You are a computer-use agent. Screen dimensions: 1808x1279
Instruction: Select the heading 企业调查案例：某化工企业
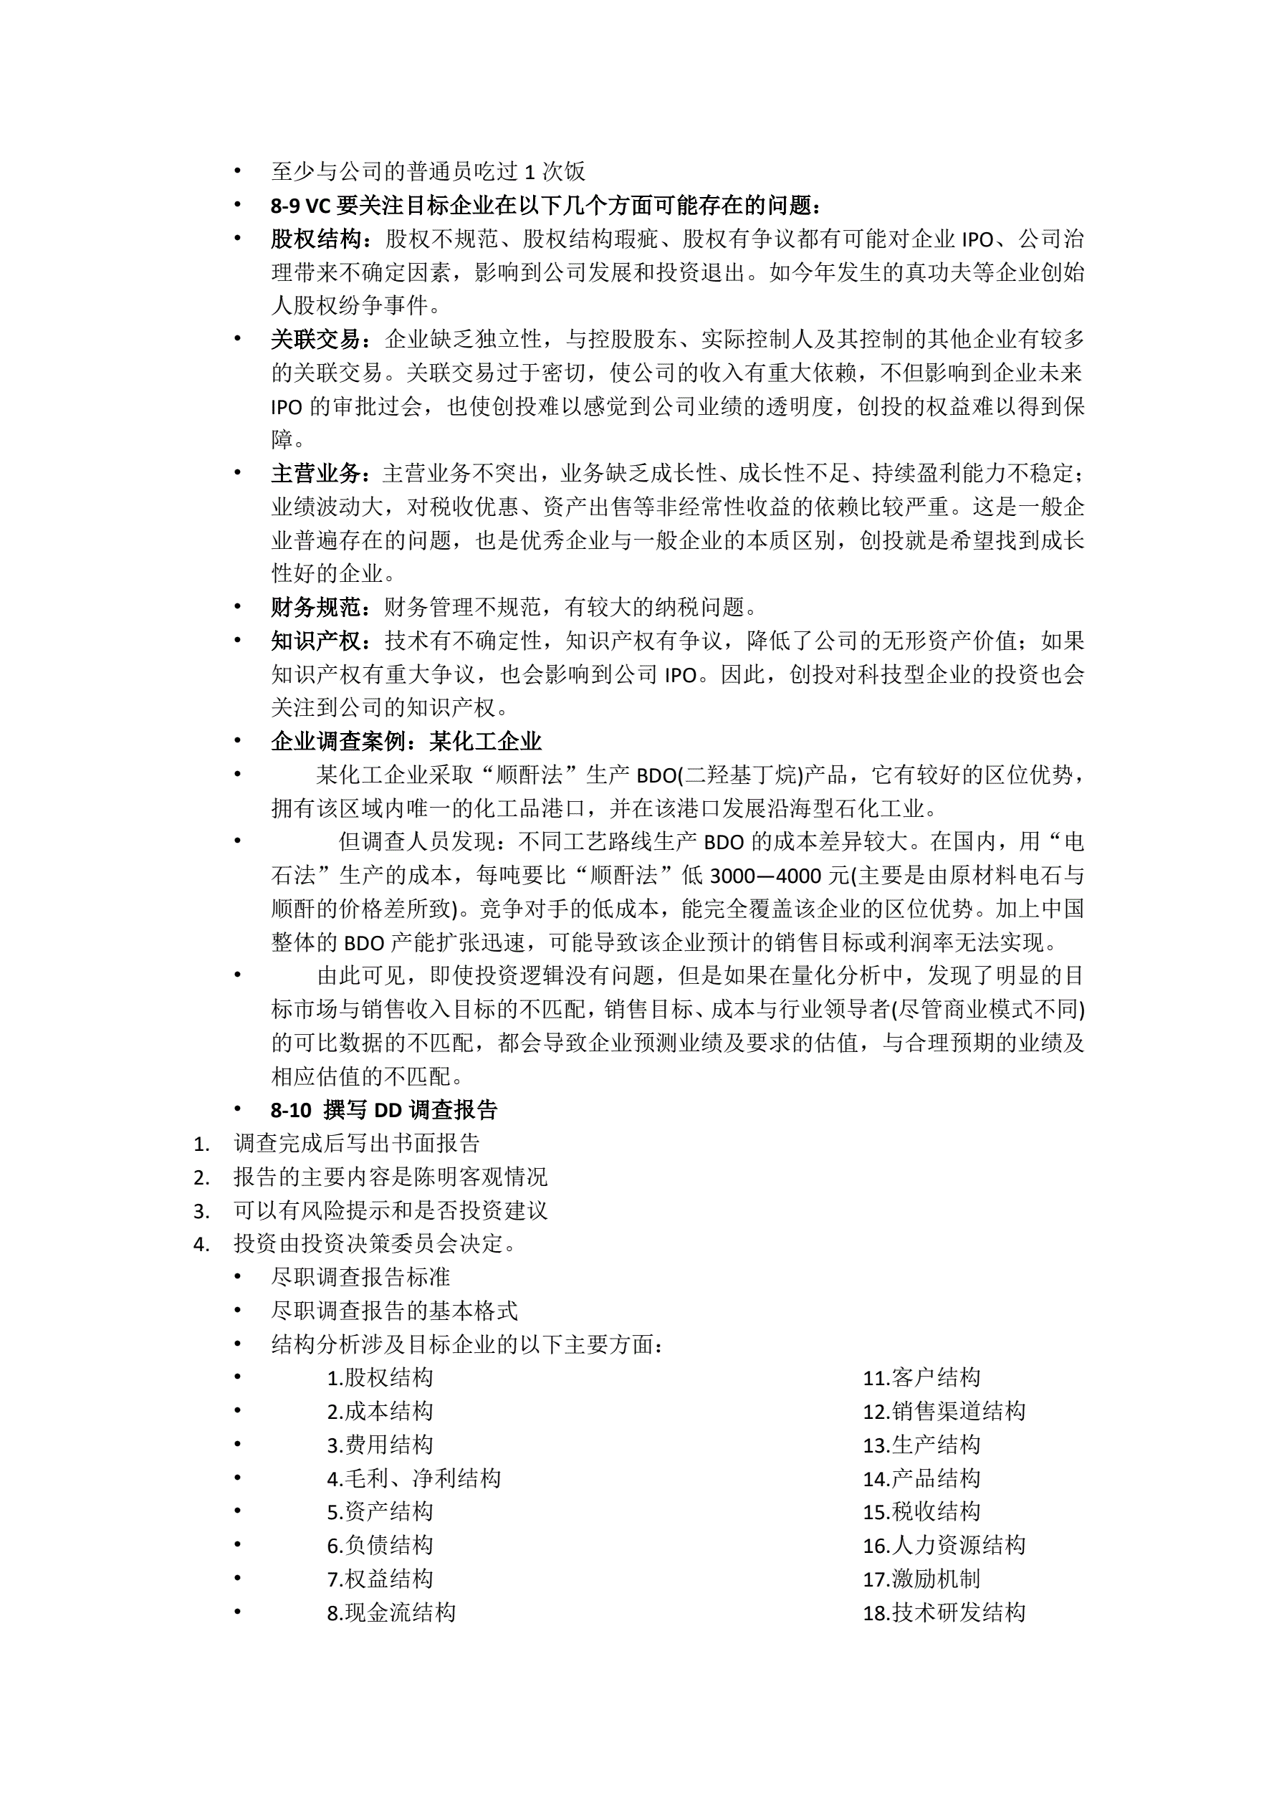point(406,741)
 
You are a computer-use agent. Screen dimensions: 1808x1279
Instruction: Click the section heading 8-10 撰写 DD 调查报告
point(383,1110)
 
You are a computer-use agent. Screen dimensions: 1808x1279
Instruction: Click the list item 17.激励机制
point(921,1579)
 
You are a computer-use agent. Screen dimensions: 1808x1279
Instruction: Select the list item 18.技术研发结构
point(944,1612)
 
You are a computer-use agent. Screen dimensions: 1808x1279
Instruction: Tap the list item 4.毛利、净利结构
point(413,1478)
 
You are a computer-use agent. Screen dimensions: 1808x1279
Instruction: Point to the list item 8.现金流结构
point(391,1612)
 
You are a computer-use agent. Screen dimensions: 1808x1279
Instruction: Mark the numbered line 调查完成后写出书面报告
point(357,1144)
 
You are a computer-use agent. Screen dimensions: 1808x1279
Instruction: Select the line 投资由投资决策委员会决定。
point(375,1244)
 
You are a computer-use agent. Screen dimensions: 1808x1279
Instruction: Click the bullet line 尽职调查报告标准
point(360,1277)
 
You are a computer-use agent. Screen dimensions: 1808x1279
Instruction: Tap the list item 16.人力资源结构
point(944,1545)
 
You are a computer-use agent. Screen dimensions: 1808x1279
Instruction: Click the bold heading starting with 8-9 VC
point(547,206)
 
